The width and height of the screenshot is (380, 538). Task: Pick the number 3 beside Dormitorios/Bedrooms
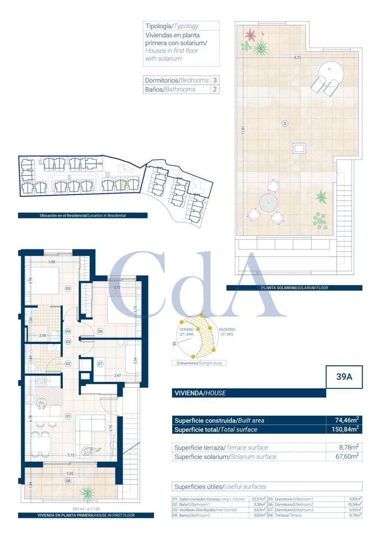215,80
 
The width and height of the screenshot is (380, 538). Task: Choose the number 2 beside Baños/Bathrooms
215,89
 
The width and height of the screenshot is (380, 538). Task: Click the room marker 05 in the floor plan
67,289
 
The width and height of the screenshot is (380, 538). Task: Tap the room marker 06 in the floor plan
100,331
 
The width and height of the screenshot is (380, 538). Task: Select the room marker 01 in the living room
67,416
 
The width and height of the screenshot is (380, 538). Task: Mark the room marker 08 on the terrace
68,481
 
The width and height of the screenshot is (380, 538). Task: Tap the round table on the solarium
268,201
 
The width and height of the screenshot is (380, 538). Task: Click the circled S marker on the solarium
285,123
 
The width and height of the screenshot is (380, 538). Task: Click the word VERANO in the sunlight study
186,330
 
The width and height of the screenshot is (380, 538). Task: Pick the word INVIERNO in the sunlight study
227,330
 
